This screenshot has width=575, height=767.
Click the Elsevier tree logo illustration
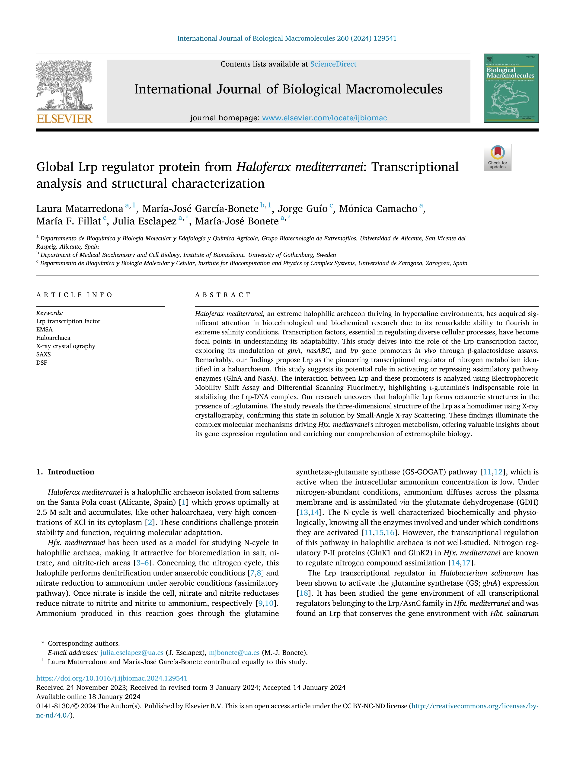(64, 85)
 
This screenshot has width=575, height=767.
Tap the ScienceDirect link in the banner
(333, 64)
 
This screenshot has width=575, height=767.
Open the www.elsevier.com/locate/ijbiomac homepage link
(324, 118)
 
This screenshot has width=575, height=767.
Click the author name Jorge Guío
(303, 209)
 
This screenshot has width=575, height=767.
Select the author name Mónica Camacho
(378, 209)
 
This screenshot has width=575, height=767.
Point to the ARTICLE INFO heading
(74, 295)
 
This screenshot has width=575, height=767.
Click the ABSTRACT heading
(223, 295)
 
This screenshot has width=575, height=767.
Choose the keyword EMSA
(44, 329)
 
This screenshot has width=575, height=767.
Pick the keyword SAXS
(43, 354)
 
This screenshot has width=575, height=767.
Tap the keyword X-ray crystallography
(66, 346)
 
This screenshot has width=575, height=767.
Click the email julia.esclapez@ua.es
(132, 653)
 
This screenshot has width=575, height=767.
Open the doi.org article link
(112, 678)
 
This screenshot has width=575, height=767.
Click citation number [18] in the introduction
(303, 593)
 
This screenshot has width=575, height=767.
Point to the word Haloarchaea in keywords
(53, 338)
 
